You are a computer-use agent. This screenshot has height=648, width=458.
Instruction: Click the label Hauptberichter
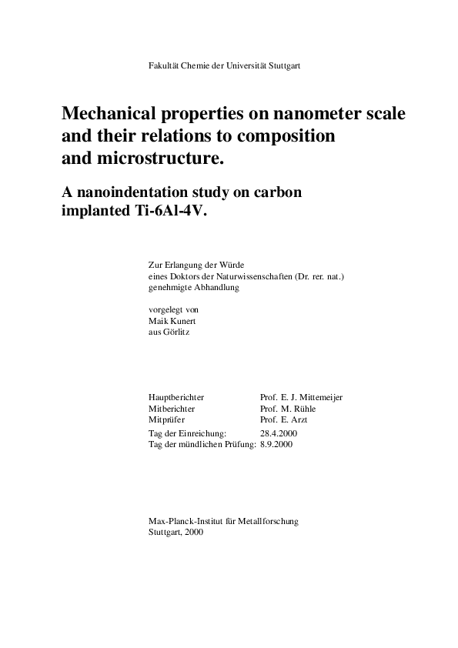coord(176,397)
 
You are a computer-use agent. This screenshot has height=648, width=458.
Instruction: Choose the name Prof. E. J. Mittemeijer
coord(302,397)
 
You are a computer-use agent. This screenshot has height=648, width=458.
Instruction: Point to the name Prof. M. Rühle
coord(288,409)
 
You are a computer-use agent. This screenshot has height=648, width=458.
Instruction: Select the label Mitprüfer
coord(168,420)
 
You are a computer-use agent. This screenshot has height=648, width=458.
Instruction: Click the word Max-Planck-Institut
coord(182,521)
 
